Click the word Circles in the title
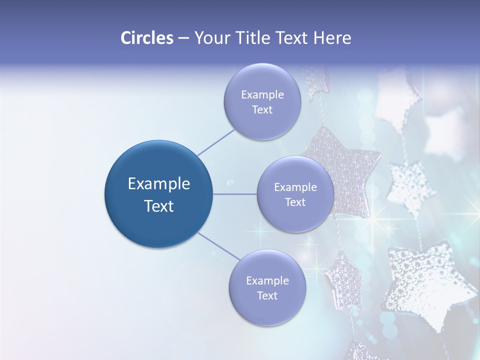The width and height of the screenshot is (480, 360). (147, 38)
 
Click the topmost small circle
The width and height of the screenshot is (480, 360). (262, 101)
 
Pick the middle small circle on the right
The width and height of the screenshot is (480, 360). (295, 194)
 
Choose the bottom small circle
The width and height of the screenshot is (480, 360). (267, 287)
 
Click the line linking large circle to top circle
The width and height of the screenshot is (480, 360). (216, 141)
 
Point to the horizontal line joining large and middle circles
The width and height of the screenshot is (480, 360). (235, 194)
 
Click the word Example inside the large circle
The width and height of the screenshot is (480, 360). (159, 183)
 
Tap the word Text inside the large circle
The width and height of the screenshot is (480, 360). (159, 206)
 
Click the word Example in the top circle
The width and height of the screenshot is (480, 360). (262, 94)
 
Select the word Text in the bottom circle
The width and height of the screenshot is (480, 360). (267, 295)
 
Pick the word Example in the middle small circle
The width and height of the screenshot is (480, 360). (295, 187)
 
